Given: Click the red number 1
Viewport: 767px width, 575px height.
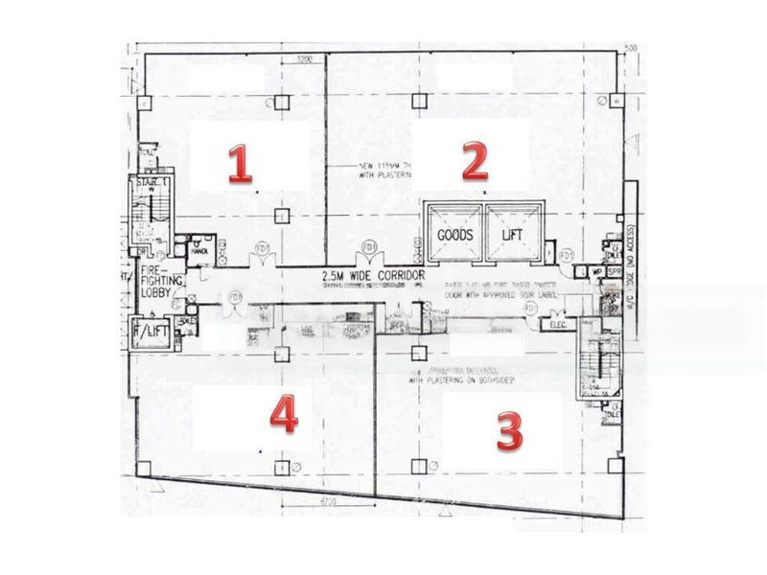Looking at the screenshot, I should click(239, 164).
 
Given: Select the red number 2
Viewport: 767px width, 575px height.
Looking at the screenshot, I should click(475, 162).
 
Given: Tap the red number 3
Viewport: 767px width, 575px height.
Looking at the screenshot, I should click(509, 432).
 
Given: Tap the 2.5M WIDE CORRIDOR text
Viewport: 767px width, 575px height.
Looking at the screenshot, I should click(374, 276).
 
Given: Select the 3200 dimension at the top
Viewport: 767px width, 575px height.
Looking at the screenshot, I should click(305, 59).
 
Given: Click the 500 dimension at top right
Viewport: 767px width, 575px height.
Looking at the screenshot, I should click(631, 48).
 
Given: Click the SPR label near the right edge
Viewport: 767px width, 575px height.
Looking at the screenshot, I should click(615, 271).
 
